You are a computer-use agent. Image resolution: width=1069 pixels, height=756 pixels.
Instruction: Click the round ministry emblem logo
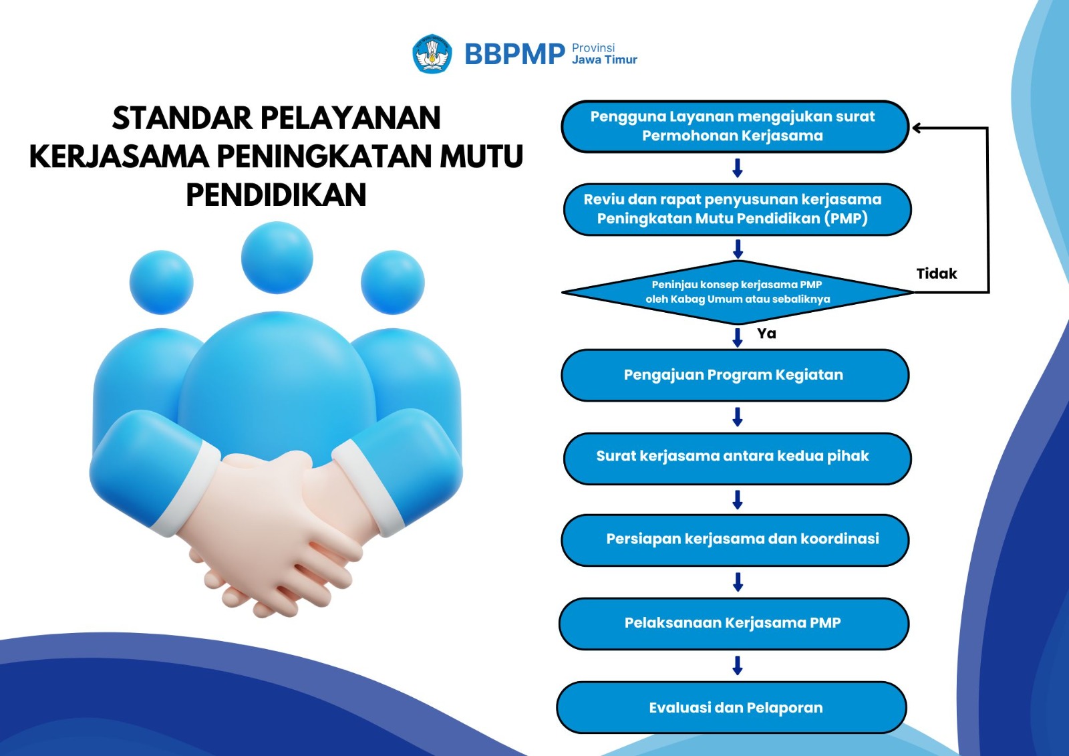[x=432, y=53]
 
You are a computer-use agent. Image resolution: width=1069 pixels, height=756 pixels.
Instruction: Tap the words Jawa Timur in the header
[x=604, y=59]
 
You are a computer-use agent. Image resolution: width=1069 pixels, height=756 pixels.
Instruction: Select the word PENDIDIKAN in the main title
[x=277, y=195]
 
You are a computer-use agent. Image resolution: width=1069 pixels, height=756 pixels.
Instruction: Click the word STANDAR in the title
[x=182, y=118]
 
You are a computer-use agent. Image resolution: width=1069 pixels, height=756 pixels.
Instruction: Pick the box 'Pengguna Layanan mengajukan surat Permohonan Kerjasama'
[x=735, y=126]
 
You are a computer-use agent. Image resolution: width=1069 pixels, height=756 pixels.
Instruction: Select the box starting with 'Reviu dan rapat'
[x=738, y=209]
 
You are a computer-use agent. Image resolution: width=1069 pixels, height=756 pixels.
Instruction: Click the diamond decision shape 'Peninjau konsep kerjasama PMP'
[x=738, y=292]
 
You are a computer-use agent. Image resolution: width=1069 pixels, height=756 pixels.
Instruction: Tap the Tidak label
[x=936, y=273]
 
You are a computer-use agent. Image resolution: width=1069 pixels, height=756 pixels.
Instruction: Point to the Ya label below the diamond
[x=766, y=334]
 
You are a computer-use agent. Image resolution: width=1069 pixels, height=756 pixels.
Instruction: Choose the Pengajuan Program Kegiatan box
[x=735, y=375]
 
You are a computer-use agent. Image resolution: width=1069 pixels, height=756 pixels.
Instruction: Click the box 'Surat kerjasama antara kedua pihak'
[x=738, y=459]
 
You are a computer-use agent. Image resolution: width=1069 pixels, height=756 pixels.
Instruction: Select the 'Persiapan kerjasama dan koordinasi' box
[x=735, y=540]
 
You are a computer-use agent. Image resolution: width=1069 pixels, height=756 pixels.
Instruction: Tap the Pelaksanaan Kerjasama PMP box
[x=734, y=624]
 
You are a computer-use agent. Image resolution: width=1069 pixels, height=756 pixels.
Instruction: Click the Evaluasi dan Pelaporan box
[x=732, y=707]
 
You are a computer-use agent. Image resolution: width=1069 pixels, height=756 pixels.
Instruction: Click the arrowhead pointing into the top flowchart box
[x=916, y=128]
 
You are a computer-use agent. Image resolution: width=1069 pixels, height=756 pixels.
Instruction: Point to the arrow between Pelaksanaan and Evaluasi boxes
[x=738, y=665]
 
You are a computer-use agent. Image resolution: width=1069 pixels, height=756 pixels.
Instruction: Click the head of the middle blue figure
[x=277, y=258]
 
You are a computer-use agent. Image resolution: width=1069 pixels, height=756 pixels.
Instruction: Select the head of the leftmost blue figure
[x=161, y=282]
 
